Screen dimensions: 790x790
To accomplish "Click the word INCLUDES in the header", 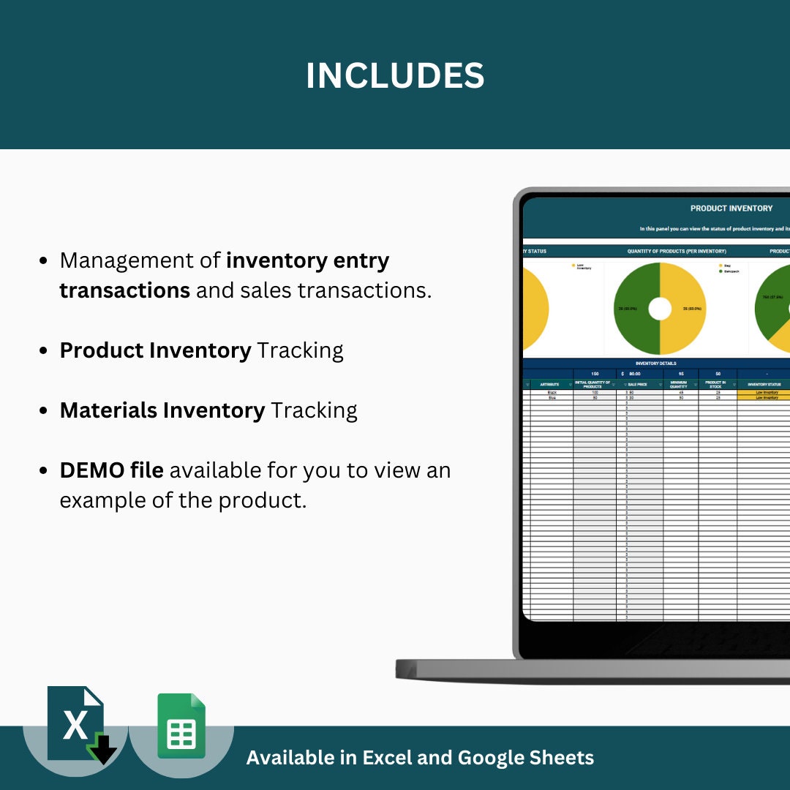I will point(395,76).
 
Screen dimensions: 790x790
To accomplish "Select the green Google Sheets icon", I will point(181,726).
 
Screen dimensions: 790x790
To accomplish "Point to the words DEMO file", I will point(111,470).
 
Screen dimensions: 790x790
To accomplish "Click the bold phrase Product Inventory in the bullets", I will point(155,350).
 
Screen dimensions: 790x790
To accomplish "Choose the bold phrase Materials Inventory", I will point(162,410).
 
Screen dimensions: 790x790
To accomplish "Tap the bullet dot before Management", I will point(44,261).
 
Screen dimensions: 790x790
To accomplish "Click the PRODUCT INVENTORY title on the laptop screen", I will point(731,208).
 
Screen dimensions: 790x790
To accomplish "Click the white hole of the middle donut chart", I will point(660,309).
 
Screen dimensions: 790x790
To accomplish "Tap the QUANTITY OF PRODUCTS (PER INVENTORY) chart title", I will point(676,251).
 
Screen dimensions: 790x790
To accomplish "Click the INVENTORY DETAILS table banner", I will point(655,363).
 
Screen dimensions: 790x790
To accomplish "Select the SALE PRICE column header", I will point(638,385).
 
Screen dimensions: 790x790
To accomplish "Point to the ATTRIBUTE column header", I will point(550,385).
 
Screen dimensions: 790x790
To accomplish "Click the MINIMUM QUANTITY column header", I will point(679,385).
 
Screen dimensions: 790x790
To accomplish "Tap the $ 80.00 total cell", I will point(635,374).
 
